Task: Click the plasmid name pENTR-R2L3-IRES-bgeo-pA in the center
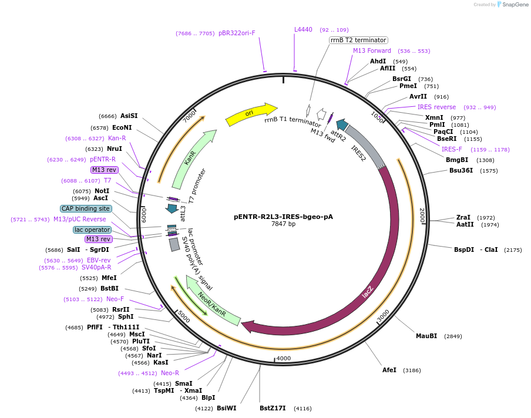(283, 216)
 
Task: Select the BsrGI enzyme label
(402, 79)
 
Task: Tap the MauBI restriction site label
(426, 336)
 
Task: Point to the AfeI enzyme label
(389, 370)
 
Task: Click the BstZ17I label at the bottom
(273, 408)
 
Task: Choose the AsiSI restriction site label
(129, 116)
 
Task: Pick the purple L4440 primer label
(303, 29)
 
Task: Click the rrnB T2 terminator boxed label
(358, 40)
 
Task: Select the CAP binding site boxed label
(86, 208)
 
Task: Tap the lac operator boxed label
(92, 230)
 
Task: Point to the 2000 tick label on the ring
(421, 215)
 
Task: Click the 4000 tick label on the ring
(284, 358)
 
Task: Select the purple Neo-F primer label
(115, 299)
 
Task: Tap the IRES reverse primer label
(436, 107)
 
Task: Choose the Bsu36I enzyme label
(461, 170)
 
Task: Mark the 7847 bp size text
(283, 224)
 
